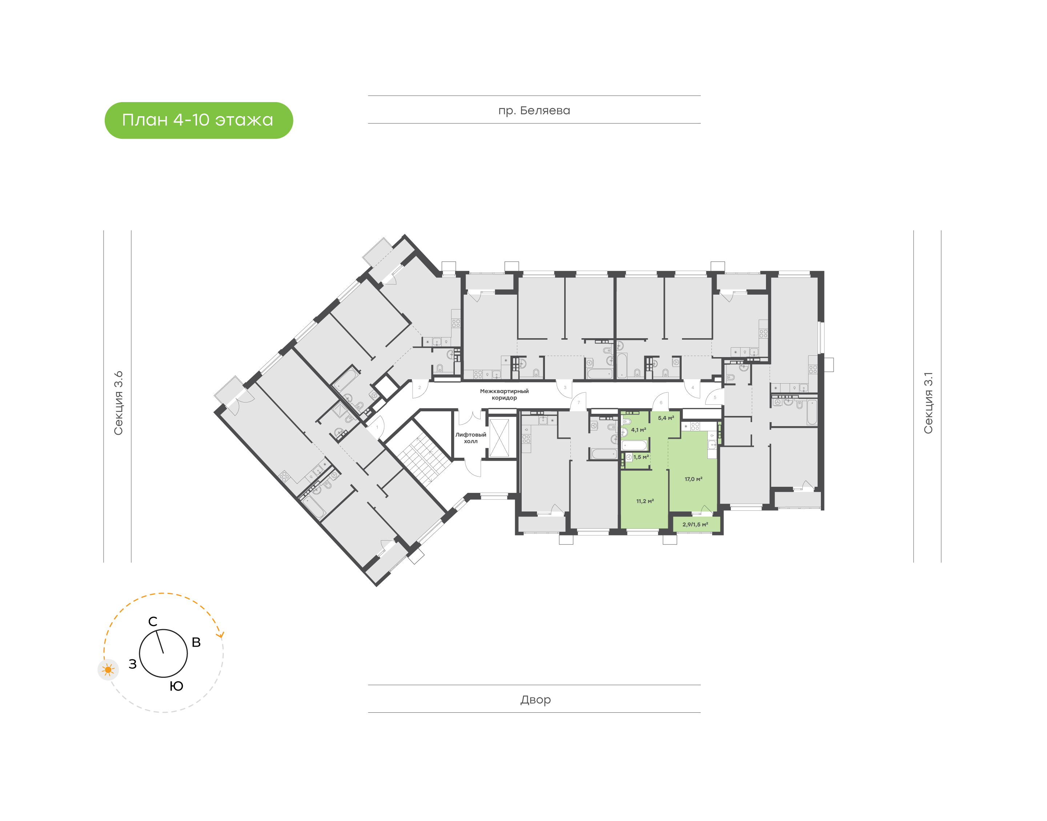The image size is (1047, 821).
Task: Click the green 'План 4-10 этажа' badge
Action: pos(198,120)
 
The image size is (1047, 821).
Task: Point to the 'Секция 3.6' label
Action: pos(118,403)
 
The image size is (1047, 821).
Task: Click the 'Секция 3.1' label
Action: pos(928,403)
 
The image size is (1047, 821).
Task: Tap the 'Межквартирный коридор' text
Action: pos(504,394)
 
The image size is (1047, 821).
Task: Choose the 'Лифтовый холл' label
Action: pos(470,438)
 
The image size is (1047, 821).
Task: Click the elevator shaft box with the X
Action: pos(499,438)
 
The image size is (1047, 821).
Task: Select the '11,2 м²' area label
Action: pos(645,501)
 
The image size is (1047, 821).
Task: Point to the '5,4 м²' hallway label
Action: pos(666,418)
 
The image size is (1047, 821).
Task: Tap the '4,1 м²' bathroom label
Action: pos(638,430)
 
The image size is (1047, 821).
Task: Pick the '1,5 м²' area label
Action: pos(641,457)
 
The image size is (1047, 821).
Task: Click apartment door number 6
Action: pos(661,403)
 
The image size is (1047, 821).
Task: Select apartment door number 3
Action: pos(565,387)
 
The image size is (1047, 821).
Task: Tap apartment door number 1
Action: pos(377,427)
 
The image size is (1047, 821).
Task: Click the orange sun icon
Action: pos(108,670)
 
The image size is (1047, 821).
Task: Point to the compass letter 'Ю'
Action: pos(177,686)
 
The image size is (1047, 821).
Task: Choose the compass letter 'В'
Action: pos(196,642)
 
